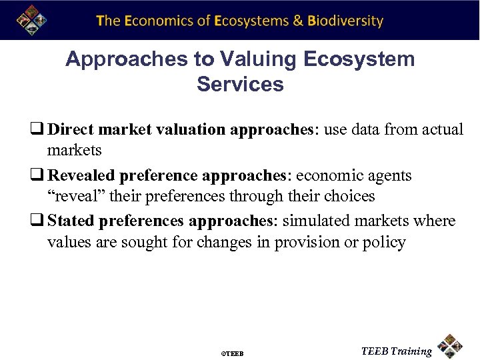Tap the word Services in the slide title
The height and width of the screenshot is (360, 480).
[240, 85]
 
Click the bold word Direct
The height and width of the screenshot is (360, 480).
[71, 129]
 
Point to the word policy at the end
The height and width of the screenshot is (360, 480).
[384, 243]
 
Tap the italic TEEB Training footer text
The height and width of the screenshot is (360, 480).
[396, 351]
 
